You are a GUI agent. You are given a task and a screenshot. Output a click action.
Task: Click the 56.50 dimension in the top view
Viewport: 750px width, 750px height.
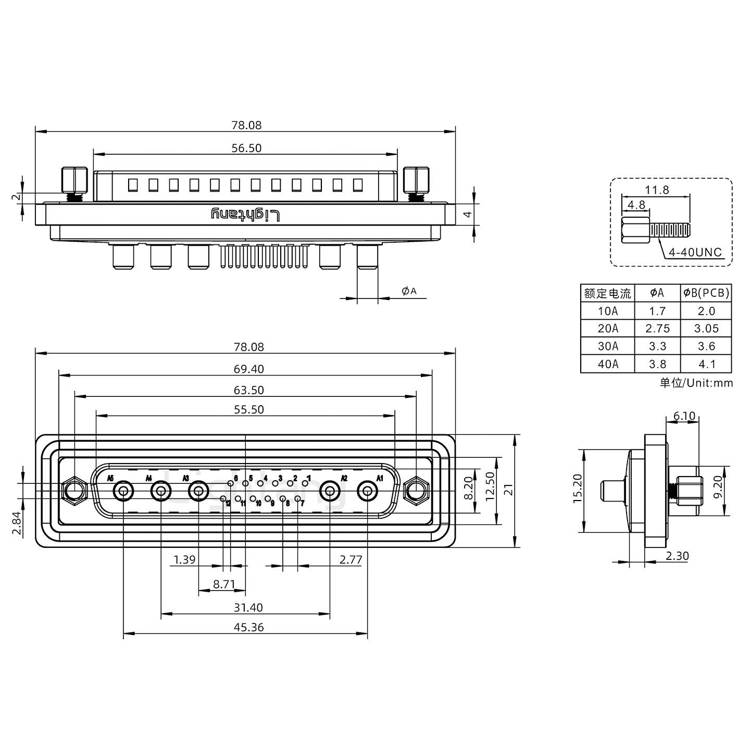(246, 148)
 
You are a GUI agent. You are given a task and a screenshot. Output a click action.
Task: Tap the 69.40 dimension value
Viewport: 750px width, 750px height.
(249, 369)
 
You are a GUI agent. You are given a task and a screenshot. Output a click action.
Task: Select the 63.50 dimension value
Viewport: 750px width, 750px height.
(249, 390)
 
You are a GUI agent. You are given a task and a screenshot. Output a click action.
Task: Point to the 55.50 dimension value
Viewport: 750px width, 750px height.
(249, 410)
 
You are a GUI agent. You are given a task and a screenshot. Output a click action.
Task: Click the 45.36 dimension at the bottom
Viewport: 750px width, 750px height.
(249, 628)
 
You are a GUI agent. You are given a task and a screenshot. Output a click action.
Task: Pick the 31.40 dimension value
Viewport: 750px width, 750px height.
(248, 608)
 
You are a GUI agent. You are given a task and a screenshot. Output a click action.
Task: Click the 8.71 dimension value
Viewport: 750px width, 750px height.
(224, 584)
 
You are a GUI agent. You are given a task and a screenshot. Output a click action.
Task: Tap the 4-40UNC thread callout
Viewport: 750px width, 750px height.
(695, 253)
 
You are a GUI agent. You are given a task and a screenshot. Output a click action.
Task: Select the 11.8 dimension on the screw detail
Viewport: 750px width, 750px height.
(657, 190)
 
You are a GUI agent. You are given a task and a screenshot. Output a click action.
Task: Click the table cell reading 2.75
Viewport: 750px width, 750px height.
(657, 329)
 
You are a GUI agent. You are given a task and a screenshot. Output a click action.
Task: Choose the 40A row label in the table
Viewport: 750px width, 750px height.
(608, 364)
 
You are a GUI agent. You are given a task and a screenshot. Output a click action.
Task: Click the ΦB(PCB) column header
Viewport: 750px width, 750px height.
(706, 293)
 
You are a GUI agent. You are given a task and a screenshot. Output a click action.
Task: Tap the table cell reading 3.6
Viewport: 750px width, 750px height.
(706, 346)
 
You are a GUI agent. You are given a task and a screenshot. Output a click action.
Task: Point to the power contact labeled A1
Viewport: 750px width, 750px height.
(368, 491)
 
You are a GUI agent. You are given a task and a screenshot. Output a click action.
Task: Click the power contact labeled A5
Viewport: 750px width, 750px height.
(123, 491)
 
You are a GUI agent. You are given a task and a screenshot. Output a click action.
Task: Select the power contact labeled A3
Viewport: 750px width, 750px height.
(198, 491)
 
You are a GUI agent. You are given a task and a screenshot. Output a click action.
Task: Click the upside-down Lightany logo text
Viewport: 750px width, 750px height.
(245, 214)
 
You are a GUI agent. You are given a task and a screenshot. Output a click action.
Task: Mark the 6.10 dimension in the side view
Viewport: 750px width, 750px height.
(684, 416)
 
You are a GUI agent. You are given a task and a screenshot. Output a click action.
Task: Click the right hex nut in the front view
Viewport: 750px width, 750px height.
(416, 491)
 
